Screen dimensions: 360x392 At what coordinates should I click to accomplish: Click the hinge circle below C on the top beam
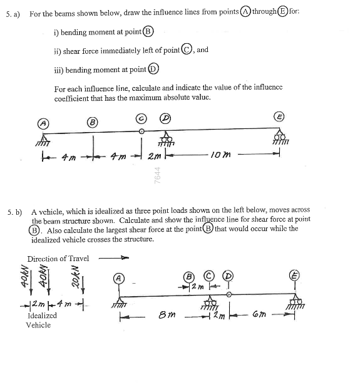click(141, 132)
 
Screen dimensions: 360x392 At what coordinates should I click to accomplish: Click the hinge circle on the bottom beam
click(229, 293)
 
